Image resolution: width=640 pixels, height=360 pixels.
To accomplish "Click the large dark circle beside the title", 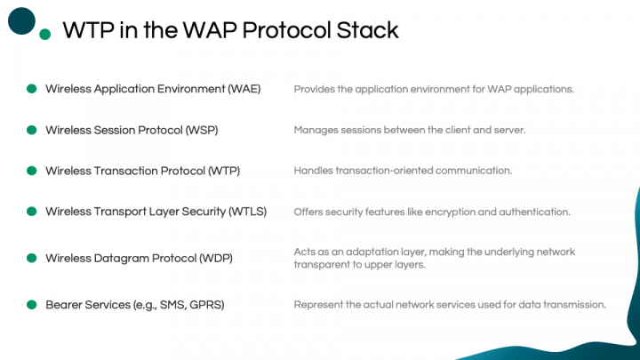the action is tap(21, 20).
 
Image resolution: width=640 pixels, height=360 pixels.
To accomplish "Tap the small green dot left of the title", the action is tap(45, 35).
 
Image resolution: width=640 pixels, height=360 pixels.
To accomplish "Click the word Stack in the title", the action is tap(367, 30).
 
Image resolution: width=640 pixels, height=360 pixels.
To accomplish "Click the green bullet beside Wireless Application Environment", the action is tap(31, 89).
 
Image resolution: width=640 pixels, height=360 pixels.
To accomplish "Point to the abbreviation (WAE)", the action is tap(244, 89).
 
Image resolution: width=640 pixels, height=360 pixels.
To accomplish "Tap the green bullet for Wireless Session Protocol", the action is tap(31, 130).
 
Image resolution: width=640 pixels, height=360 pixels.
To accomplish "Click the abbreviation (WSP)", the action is tap(202, 130).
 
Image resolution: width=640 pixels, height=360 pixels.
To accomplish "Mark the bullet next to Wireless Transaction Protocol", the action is tap(31, 171).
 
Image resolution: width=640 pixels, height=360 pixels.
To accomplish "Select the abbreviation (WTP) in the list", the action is tap(224, 171).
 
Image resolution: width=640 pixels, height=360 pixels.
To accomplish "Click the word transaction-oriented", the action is tap(384, 171).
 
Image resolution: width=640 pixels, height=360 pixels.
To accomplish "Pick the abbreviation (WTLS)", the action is tap(248, 212).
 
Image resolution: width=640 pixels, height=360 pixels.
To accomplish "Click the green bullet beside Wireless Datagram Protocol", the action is tap(31, 258).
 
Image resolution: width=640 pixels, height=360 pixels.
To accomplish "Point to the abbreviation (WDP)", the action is tap(216, 259).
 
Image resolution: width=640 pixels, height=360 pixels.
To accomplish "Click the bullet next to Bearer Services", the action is tap(31, 305).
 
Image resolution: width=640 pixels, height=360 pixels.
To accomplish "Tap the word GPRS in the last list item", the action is tap(207, 305).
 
